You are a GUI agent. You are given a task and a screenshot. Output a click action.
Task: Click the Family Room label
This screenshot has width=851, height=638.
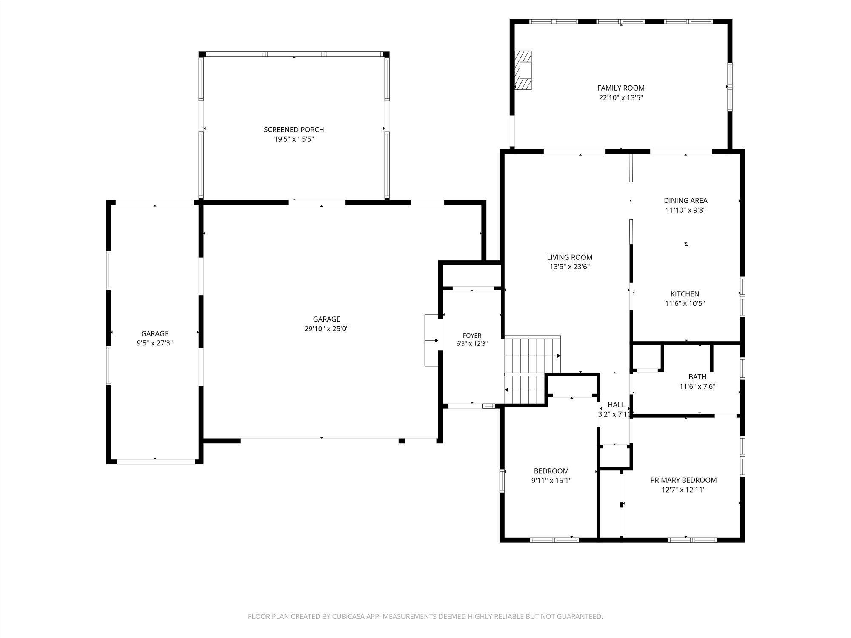point(621,88)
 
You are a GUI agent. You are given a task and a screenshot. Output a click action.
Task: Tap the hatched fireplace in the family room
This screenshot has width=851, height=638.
point(523,71)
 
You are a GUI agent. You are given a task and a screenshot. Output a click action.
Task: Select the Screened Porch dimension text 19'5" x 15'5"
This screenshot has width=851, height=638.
point(294,139)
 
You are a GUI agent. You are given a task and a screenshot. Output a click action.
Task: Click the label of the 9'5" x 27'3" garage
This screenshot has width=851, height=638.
point(155,334)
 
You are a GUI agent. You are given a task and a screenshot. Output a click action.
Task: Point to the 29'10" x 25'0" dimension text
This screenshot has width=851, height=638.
point(327,329)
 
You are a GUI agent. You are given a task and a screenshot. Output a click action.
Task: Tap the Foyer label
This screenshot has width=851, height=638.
point(472,336)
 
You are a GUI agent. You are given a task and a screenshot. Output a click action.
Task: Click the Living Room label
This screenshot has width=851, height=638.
point(570,257)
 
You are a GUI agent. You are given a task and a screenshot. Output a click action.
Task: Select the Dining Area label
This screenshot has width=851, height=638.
point(685,200)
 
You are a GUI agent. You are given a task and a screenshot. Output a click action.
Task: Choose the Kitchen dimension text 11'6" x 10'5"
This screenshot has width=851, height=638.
point(685,304)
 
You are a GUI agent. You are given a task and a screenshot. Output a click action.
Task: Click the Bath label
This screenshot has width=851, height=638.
point(697,377)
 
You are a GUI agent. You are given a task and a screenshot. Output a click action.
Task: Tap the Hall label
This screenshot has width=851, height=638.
point(616,405)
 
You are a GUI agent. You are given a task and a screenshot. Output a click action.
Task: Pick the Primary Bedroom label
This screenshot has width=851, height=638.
point(683,480)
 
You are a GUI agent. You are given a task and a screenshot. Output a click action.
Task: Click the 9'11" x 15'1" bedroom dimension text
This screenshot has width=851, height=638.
point(551,481)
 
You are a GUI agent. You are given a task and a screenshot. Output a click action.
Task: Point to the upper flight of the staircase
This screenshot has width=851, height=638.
point(532,354)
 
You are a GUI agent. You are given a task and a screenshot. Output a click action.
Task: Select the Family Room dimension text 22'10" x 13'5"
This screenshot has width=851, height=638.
point(621,98)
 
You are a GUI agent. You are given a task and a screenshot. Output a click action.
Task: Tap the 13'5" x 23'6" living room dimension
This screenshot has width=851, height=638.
point(570,267)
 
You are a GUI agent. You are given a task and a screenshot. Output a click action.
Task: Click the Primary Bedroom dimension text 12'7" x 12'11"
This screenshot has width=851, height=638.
point(683,490)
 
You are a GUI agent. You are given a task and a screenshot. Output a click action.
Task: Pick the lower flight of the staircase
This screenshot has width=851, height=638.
point(525,389)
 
